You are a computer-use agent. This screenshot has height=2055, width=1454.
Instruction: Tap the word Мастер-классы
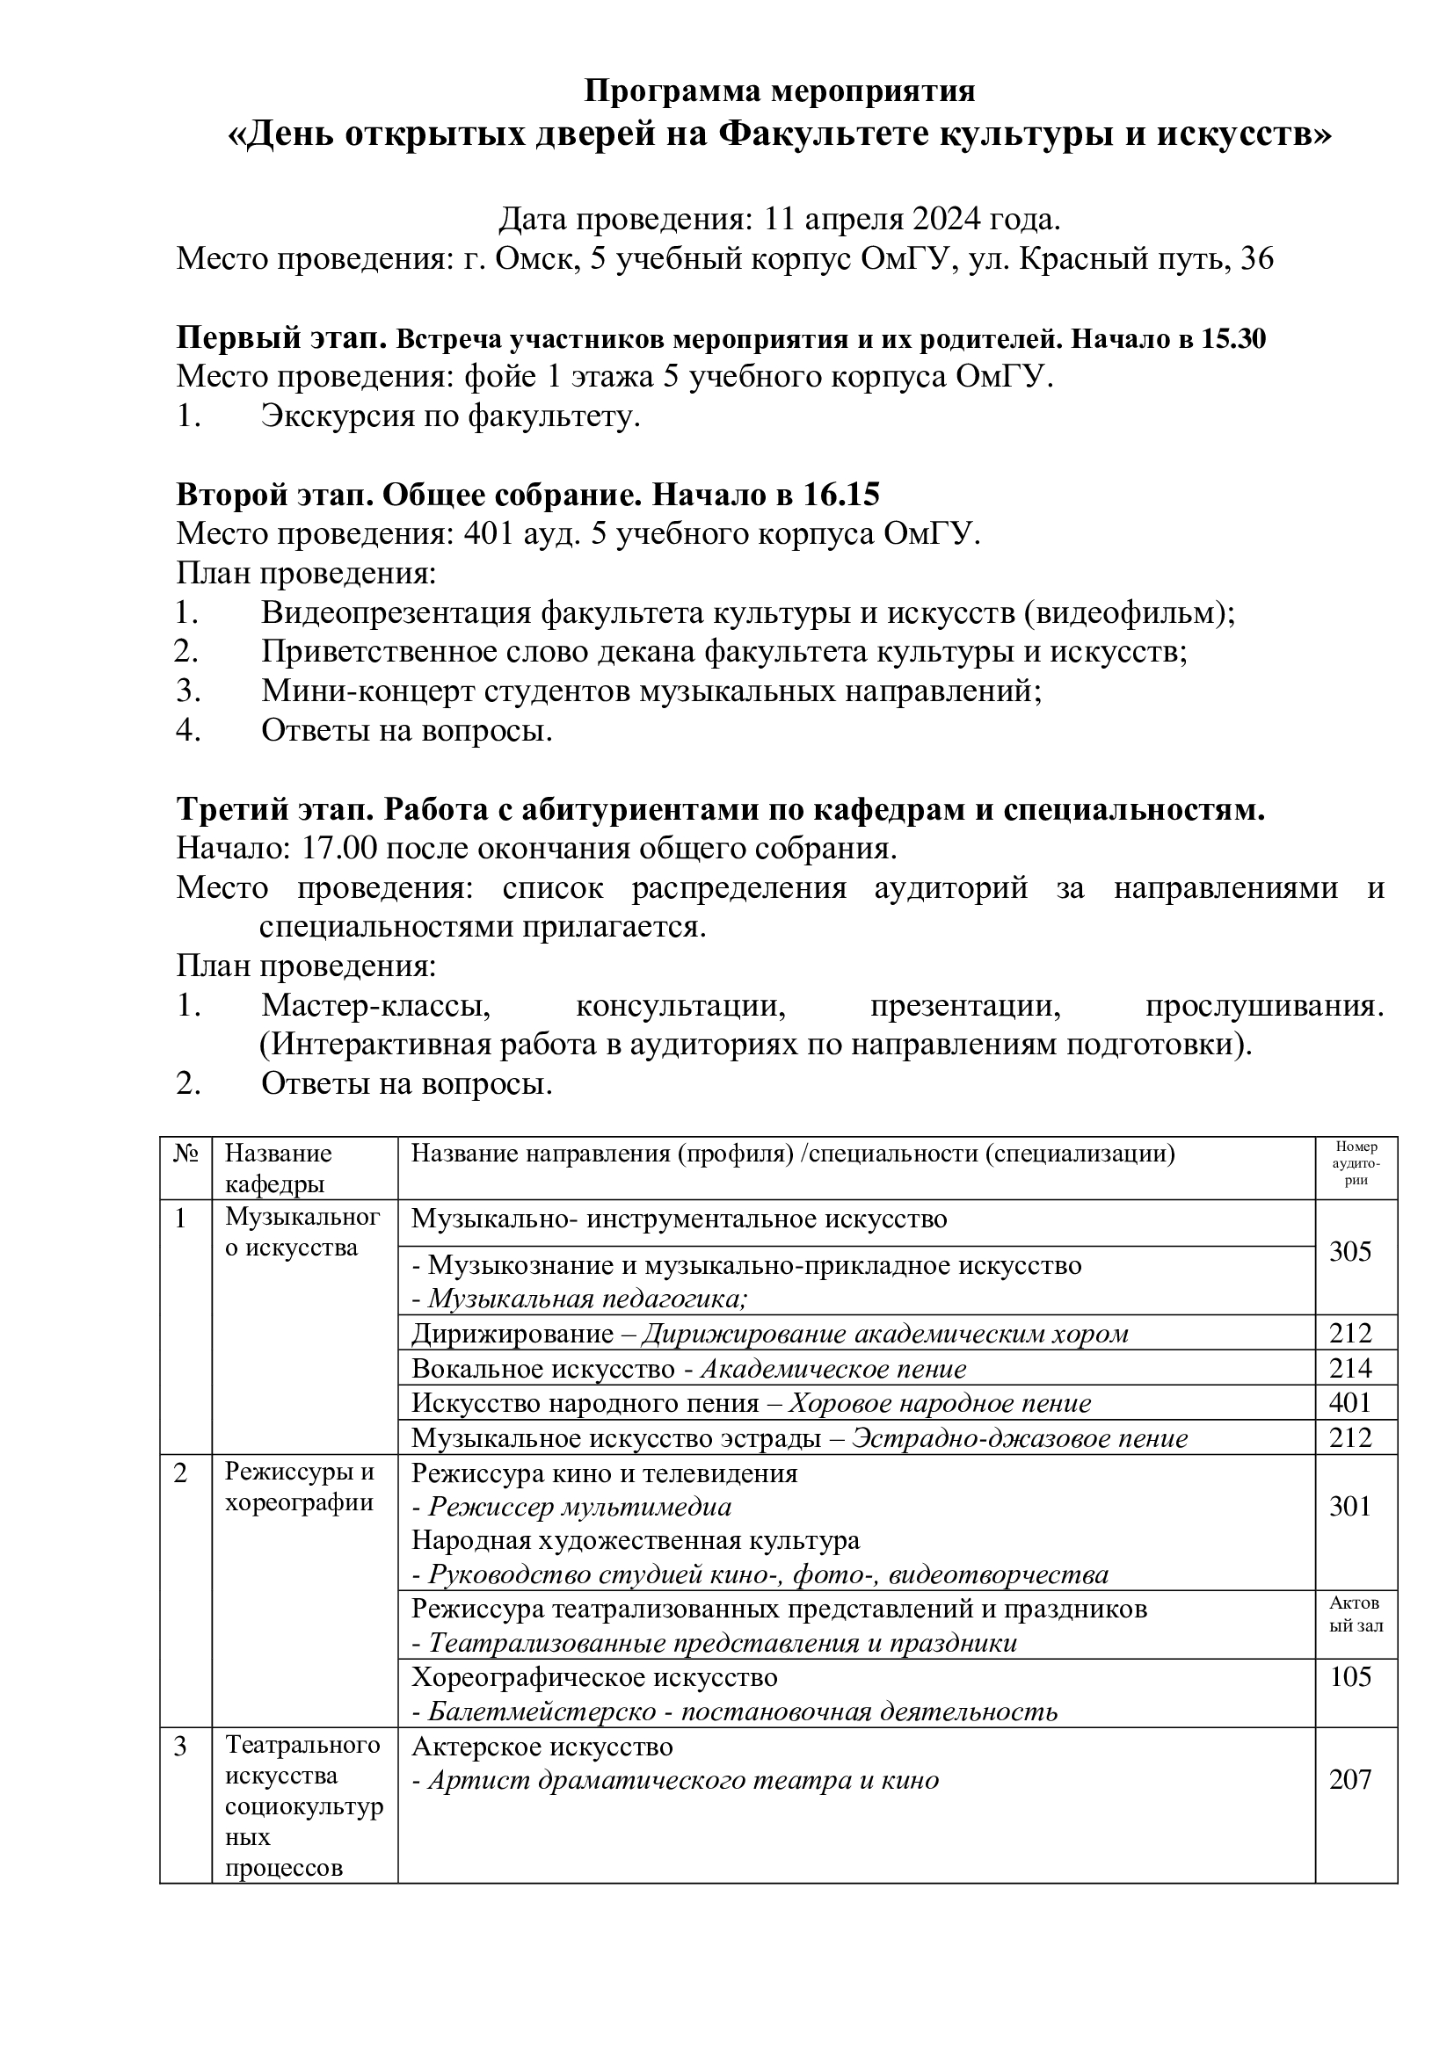[x=376, y=1006]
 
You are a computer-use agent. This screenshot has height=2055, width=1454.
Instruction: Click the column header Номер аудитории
[x=1356, y=1163]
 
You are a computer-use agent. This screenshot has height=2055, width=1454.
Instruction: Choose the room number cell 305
[x=1350, y=1251]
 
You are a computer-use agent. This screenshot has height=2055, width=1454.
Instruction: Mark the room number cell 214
[x=1350, y=1368]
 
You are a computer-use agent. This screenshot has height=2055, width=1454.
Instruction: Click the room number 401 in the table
[x=1350, y=1401]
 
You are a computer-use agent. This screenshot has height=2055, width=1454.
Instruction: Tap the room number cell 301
[x=1350, y=1507]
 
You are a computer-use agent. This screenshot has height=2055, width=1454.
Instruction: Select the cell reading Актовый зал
[x=1356, y=1614]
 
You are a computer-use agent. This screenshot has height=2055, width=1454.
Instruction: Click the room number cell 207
[x=1350, y=1779]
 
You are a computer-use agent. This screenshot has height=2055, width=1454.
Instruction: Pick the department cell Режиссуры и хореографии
[x=299, y=1487]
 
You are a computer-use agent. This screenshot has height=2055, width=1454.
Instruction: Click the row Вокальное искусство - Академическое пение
[x=688, y=1369]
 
